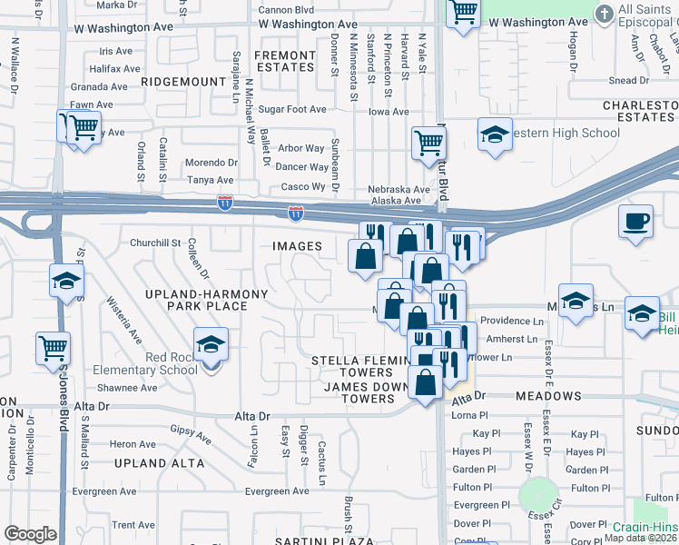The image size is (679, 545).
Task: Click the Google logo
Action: (x=30, y=534)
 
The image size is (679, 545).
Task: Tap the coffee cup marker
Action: (x=635, y=222)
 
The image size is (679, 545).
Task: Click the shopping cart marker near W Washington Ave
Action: (x=463, y=13)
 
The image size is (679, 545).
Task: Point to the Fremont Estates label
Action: (x=284, y=62)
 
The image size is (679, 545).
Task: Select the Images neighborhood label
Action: (x=297, y=246)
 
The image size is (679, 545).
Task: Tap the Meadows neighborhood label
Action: (x=547, y=397)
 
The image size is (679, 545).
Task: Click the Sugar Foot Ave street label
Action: (x=291, y=110)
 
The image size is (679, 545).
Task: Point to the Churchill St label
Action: (x=155, y=243)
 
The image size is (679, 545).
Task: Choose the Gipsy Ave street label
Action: (x=191, y=433)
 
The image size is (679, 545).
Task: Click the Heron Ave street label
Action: (x=133, y=444)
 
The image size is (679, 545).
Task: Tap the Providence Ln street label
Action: (x=512, y=322)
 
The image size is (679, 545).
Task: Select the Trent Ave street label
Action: (x=133, y=525)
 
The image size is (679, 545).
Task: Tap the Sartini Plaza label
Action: (x=324, y=540)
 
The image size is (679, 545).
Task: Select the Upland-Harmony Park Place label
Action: (x=208, y=300)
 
